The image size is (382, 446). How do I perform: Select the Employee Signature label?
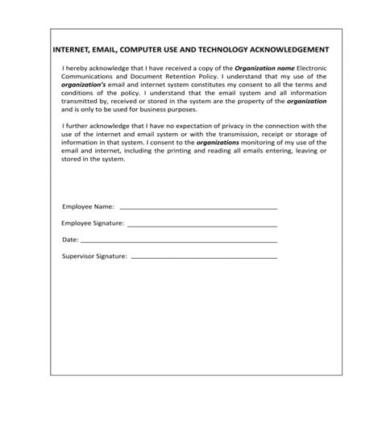point(93,224)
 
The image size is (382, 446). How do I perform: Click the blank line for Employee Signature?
point(202,225)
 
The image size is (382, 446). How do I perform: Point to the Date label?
point(70,240)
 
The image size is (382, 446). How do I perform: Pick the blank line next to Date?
point(179,241)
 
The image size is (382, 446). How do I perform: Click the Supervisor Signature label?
point(95,256)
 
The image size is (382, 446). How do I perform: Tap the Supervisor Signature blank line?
point(204,257)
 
